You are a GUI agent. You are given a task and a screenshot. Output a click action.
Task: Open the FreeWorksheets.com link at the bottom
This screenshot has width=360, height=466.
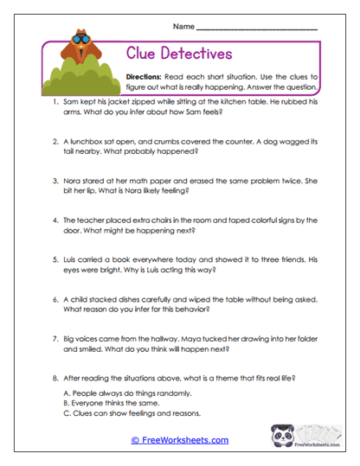coord(180,440)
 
